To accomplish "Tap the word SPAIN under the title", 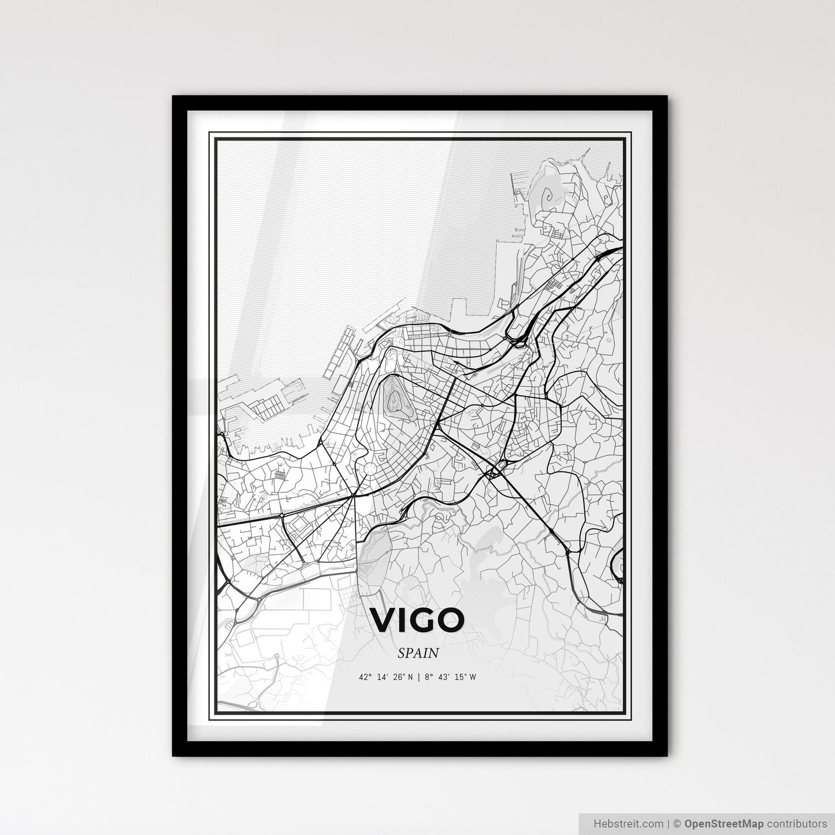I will (x=418, y=653).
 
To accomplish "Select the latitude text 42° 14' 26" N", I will (x=385, y=677).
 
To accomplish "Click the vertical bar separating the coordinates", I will (x=418, y=677).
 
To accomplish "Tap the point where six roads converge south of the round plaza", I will (x=353, y=495).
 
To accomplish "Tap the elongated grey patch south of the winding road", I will (x=373, y=546).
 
